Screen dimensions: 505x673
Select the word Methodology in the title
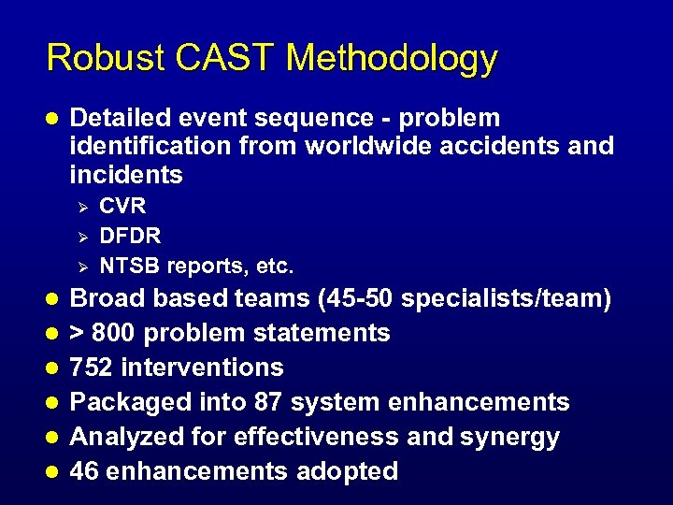[x=393, y=58]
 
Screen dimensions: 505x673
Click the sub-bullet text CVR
[x=122, y=206]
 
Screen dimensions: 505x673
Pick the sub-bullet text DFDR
[x=130, y=236]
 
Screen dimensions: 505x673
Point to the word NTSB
[x=129, y=267]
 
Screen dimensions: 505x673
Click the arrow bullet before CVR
[x=82, y=206]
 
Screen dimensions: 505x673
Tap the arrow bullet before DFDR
[x=82, y=236]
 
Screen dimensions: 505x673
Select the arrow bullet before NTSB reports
[x=82, y=267]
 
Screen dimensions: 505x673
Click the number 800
[x=118, y=333]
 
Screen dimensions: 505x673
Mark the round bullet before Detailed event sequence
[x=52, y=119]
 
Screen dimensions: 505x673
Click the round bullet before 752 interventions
[x=52, y=368]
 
